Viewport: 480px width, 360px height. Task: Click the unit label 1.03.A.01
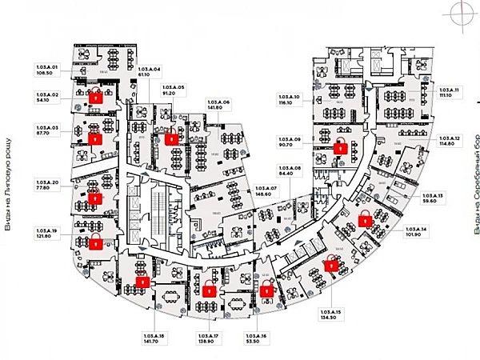point(48,66)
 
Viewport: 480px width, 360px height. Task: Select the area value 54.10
point(42,101)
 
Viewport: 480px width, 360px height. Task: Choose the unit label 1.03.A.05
point(174,86)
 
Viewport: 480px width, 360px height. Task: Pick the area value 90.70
point(283,146)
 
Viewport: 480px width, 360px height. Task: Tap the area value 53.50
point(254,341)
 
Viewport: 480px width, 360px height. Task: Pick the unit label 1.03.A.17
point(206,335)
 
